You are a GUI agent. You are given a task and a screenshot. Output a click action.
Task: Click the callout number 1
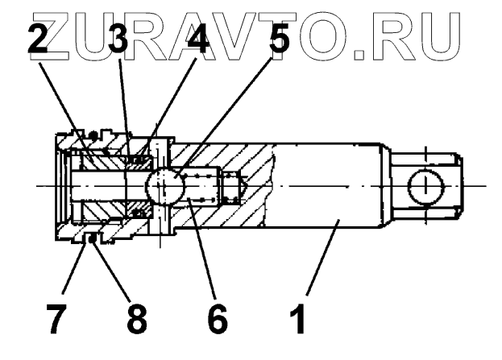click(297, 317)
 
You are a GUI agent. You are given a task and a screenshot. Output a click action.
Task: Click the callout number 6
click(217, 317)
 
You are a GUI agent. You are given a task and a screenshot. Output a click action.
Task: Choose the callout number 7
click(56, 317)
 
